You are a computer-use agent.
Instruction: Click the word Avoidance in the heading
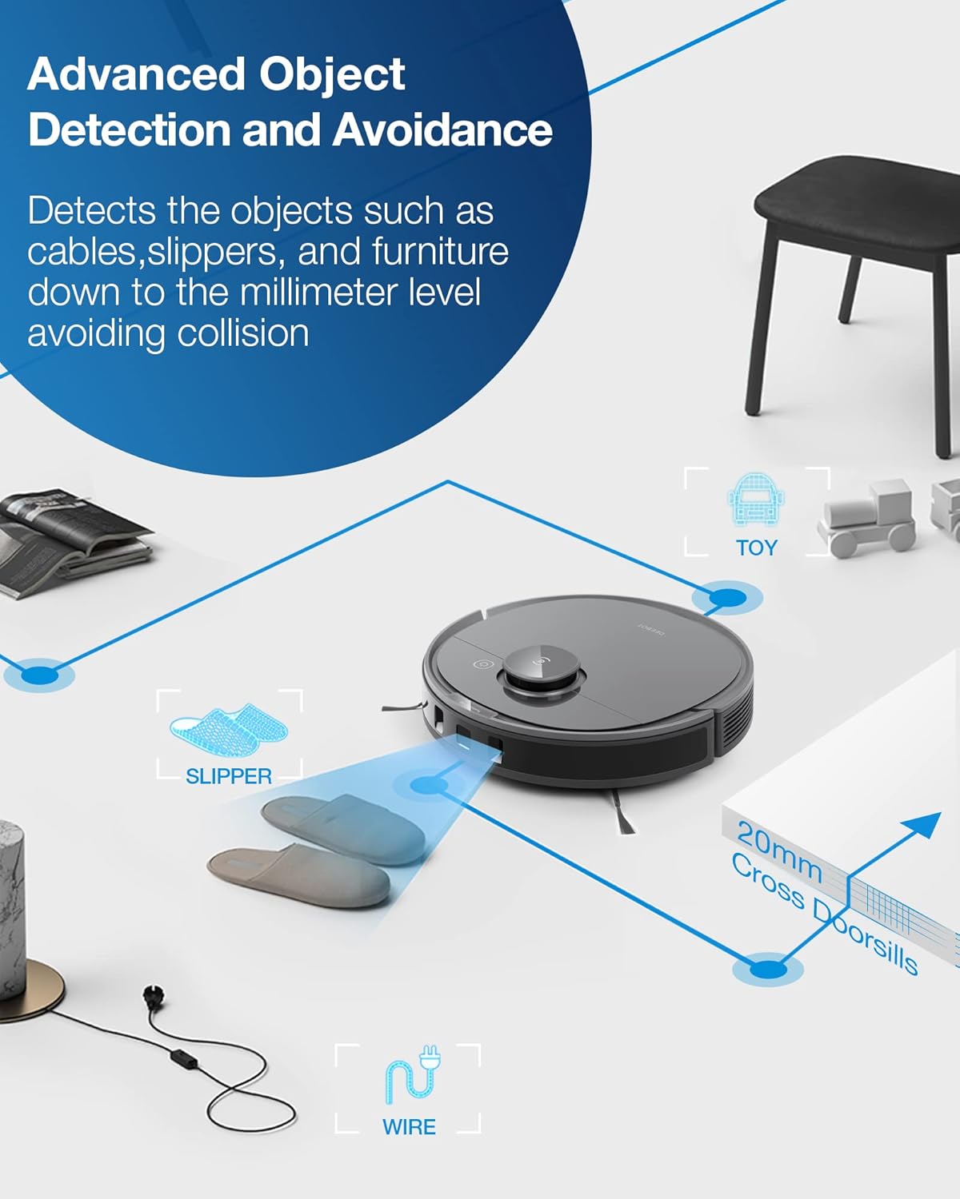pos(442,129)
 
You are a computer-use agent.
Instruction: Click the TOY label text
pos(756,548)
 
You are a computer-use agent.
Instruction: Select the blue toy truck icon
pos(755,499)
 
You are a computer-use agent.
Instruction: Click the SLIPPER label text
pos(229,776)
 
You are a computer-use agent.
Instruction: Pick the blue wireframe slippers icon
pos(228,727)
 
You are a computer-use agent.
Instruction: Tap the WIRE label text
pos(409,1127)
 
